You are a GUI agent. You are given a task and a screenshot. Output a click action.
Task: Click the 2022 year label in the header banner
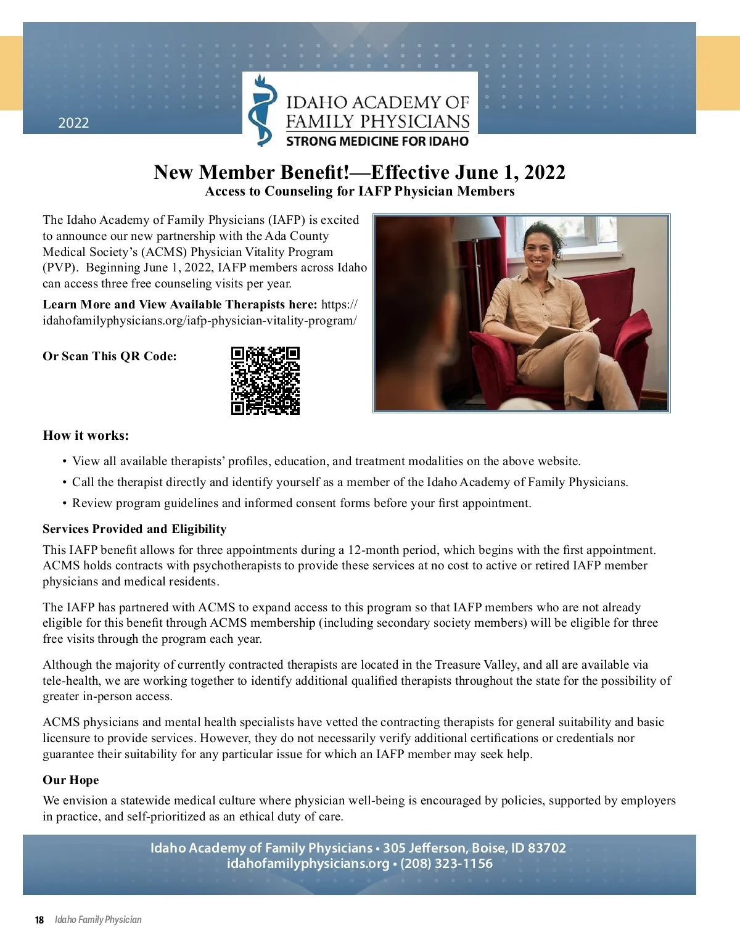(73, 123)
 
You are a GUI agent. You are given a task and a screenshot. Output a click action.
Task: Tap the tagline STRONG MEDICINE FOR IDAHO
(377, 141)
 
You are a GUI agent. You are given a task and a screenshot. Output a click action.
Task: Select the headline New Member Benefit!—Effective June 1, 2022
(359, 172)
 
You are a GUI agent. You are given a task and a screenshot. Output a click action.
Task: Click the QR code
(265, 381)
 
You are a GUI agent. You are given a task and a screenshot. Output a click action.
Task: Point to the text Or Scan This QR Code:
(110, 356)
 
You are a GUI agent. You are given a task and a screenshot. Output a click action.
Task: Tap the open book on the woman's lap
(564, 333)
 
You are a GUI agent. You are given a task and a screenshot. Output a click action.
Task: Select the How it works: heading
(86, 436)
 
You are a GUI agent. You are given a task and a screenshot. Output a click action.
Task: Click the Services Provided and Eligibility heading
(134, 529)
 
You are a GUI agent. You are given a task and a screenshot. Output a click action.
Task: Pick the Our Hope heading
(70, 780)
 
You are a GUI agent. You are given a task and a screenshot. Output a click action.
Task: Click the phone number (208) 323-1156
(446, 863)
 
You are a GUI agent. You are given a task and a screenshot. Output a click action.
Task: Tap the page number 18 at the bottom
(39, 920)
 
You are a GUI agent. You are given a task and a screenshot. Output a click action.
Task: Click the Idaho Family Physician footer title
(98, 920)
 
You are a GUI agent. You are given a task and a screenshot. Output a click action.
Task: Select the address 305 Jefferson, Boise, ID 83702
(474, 848)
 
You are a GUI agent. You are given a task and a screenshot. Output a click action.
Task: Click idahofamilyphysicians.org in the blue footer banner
(308, 863)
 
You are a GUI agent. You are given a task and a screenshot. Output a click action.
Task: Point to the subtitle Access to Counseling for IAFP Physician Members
(360, 191)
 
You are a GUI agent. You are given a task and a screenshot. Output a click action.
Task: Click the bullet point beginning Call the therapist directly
(350, 482)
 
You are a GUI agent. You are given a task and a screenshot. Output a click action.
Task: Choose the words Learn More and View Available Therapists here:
(180, 304)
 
